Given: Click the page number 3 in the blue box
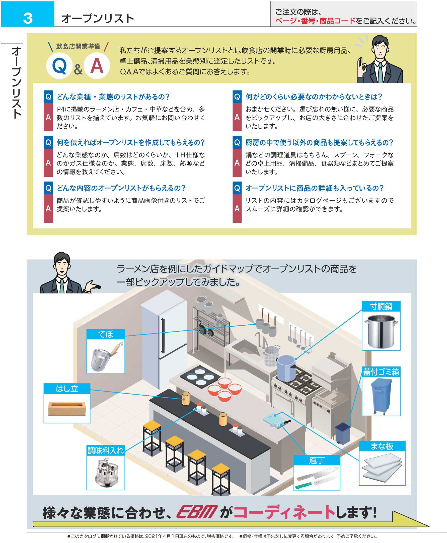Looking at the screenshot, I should tap(28, 18).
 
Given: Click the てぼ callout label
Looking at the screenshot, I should tap(106, 334).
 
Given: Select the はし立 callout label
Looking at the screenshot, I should tap(67, 388).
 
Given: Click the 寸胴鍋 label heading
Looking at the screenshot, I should tap(381, 306).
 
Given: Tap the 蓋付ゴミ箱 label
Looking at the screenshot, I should tap(381, 372).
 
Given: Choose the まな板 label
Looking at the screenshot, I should tap(382, 446).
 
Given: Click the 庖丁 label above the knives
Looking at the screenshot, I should tap(317, 460).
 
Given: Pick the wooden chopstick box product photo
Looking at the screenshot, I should tap(67, 408).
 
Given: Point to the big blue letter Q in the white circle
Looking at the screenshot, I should tap(59, 66).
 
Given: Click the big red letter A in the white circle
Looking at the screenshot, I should tap(97, 66).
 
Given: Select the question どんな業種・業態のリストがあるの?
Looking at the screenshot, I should tap(113, 97).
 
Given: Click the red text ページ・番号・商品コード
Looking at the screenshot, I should tap(315, 21).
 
